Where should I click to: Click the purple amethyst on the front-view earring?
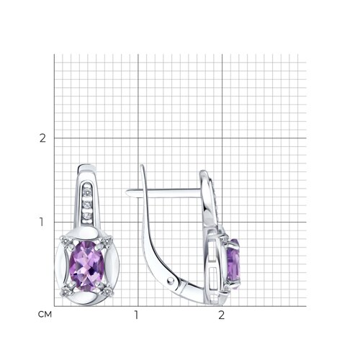click(86, 266)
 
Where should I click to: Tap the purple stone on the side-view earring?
click(233, 263)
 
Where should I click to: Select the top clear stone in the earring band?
click(87, 192)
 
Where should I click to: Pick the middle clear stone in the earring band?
click(86, 204)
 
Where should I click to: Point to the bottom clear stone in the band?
click(87, 215)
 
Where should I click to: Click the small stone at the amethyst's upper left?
click(66, 240)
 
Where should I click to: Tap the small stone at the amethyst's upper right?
click(107, 240)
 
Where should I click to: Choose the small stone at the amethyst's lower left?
click(65, 292)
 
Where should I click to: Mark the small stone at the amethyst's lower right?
click(107, 292)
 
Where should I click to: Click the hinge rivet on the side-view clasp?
click(171, 280)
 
